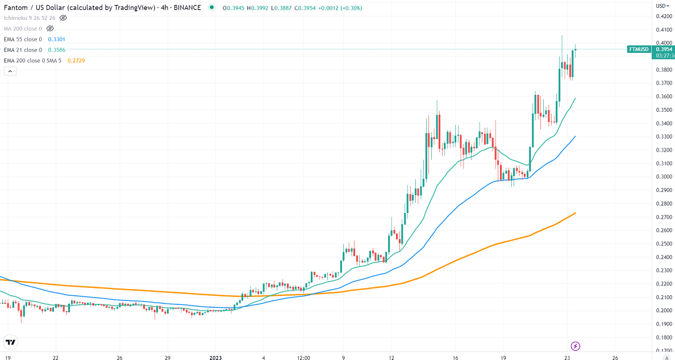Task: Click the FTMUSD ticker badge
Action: click(x=639, y=49)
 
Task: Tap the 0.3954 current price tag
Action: click(x=664, y=49)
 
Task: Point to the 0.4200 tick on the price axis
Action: click(x=663, y=16)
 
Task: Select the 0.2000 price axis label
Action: click(x=663, y=311)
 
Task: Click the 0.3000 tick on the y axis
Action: click(x=663, y=177)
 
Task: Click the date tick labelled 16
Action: click(x=456, y=358)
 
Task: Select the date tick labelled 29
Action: click(x=168, y=358)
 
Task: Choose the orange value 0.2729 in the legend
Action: click(x=76, y=60)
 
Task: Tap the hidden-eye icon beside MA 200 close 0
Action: click(x=50, y=28)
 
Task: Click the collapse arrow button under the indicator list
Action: click(x=10, y=71)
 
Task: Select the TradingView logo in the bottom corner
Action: click(x=11, y=342)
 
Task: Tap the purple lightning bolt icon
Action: click(x=575, y=346)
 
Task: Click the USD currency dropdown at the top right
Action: click(x=663, y=6)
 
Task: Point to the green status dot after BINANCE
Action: click(x=211, y=8)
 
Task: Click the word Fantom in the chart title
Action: click(x=14, y=8)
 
